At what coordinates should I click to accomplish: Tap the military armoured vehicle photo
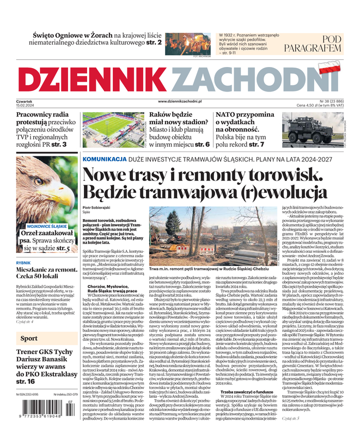coord(310,131)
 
